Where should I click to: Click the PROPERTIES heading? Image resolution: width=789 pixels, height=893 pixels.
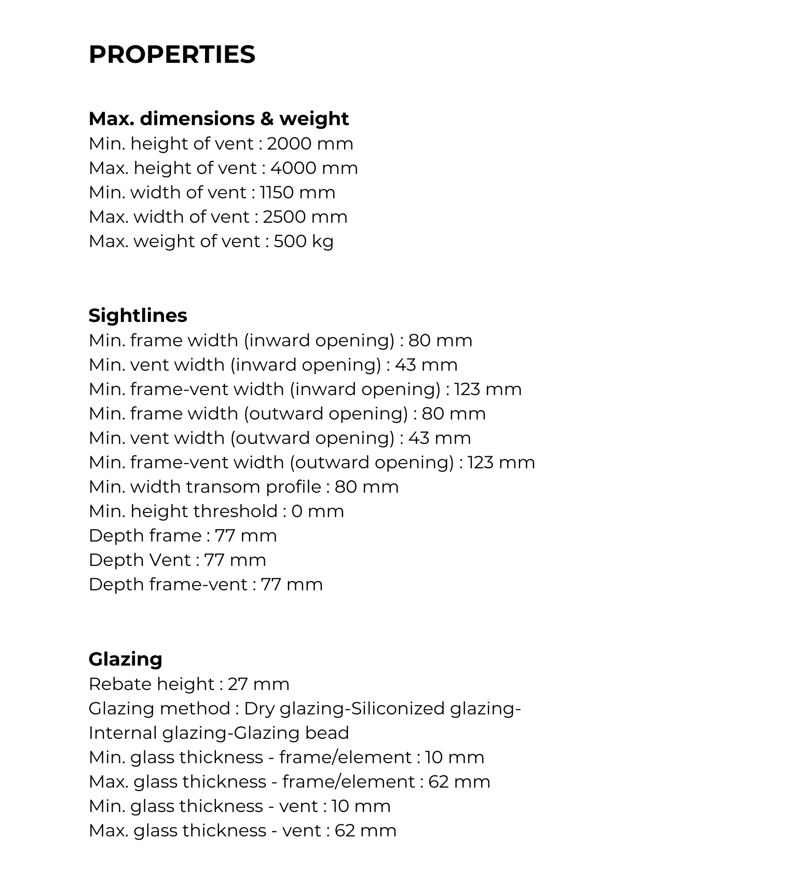tap(172, 55)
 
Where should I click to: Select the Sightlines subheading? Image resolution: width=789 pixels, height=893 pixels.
tap(138, 316)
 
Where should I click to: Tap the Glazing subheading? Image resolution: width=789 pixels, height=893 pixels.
tap(125, 659)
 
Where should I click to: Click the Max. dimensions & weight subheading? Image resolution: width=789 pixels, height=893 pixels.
tap(219, 119)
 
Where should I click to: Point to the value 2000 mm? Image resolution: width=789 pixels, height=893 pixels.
tap(310, 144)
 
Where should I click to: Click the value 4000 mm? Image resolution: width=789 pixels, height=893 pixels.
tap(314, 168)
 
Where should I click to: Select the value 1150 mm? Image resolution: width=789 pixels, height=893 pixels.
tap(297, 193)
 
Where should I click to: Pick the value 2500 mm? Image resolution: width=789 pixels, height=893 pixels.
tap(305, 217)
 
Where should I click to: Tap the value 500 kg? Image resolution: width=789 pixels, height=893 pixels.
tap(303, 241)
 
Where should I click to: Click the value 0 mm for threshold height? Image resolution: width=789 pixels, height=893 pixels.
tap(317, 511)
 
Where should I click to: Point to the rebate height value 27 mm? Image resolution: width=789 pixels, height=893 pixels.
tap(258, 684)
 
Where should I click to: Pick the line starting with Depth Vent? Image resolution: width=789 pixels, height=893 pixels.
tap(177, 560)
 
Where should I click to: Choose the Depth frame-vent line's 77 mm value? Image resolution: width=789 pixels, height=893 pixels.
tap(291, 585)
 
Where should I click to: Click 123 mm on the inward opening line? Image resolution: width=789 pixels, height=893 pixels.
tap(487, 389)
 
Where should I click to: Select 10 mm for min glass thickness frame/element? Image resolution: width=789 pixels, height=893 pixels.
tap(454, 757)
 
